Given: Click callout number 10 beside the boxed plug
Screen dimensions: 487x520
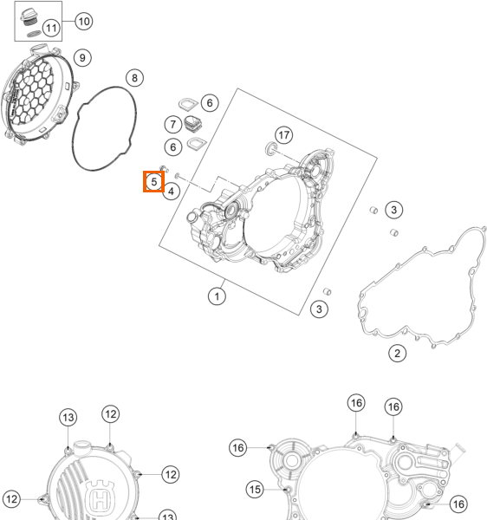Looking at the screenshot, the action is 83,22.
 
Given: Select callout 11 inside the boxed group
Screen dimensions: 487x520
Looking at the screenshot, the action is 51,28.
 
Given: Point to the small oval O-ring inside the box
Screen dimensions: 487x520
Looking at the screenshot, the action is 34,34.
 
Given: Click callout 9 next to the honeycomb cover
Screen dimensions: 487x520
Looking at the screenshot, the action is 82,58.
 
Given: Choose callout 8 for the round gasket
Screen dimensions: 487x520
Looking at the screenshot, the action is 134,78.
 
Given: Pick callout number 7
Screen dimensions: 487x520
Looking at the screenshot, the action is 173,124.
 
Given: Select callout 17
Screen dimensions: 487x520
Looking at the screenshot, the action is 283,135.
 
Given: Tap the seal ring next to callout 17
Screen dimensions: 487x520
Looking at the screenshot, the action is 271,148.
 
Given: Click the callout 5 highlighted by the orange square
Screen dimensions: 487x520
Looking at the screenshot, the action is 154,182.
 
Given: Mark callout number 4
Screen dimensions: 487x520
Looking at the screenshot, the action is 171,192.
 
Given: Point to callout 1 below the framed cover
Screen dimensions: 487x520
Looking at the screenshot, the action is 217,296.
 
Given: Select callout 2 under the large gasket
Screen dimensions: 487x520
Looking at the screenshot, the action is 397,354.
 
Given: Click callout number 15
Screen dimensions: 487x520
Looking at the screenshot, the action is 255,490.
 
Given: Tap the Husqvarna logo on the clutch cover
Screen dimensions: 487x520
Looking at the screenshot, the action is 101,496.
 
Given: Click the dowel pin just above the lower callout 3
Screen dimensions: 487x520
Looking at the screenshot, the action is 327,291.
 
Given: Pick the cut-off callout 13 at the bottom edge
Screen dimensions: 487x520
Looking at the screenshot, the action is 168,516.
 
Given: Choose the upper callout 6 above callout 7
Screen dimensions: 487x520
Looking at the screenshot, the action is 210,103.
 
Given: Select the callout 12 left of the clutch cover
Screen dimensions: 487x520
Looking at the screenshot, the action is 11,499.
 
